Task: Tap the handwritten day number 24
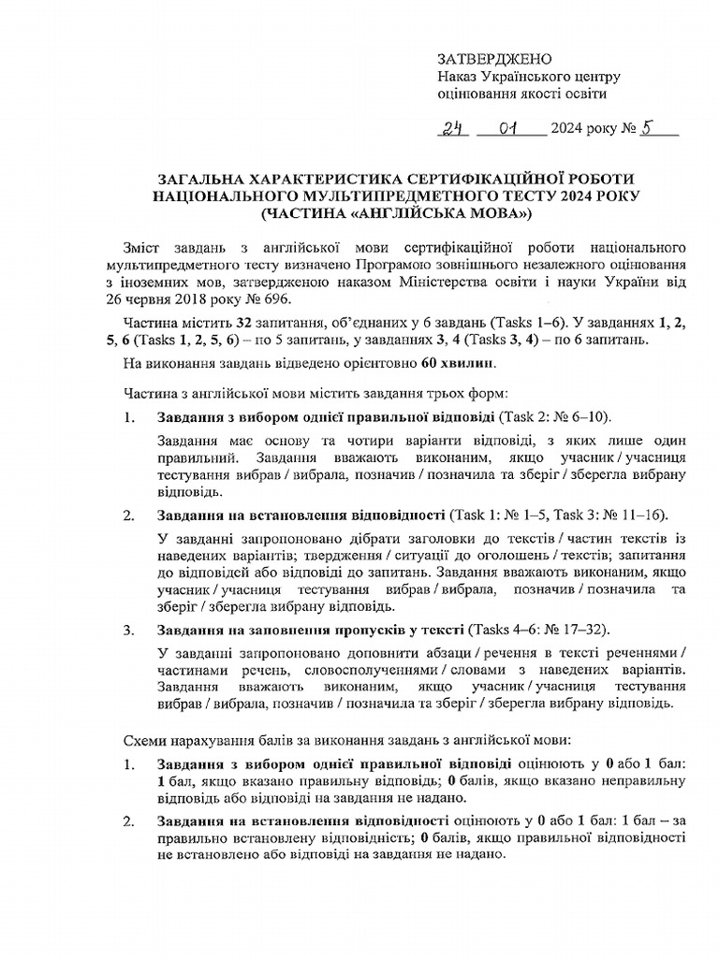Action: point(454,129)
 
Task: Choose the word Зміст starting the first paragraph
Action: point(144,248)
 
